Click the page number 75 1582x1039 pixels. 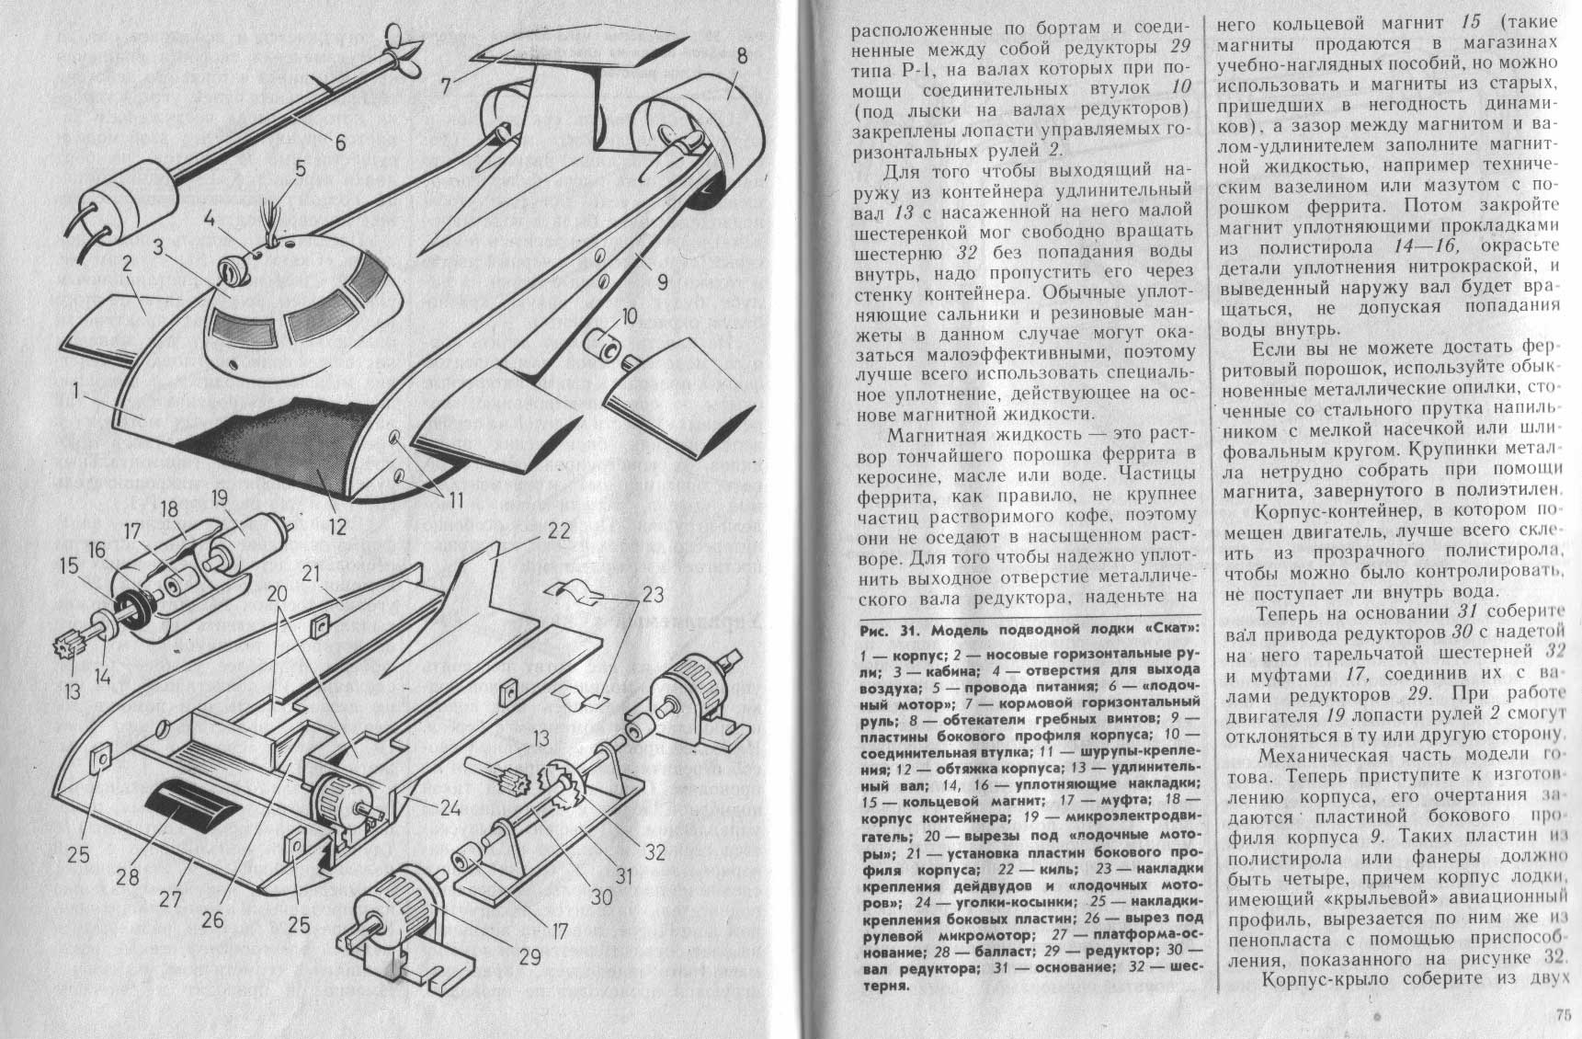[1564, 1015]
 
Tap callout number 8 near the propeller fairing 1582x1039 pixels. [741, 58]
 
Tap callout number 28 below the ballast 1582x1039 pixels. [128, 877]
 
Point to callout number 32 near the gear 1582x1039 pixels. [654, 851]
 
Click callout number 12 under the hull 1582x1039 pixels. [338, 528]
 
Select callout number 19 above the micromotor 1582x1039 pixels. [219, 500]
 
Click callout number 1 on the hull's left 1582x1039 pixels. [81, 395]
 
